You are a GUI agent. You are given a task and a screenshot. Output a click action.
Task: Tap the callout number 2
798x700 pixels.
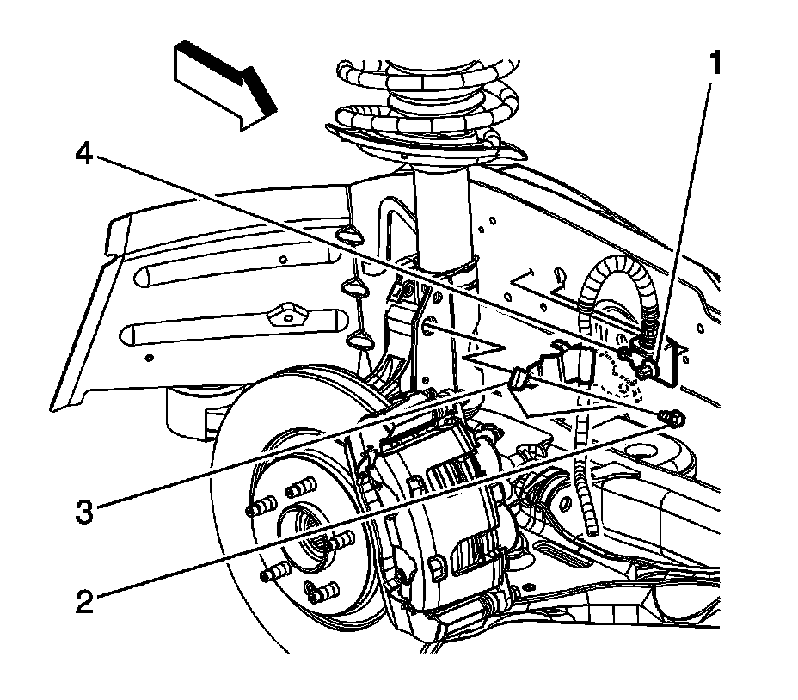point(83,600)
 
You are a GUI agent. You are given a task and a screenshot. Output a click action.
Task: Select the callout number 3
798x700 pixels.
point(83,513)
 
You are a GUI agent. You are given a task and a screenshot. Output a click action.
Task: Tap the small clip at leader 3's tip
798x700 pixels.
point(521,378)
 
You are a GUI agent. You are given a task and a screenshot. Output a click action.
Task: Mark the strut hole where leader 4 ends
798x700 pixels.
point(427,326)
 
